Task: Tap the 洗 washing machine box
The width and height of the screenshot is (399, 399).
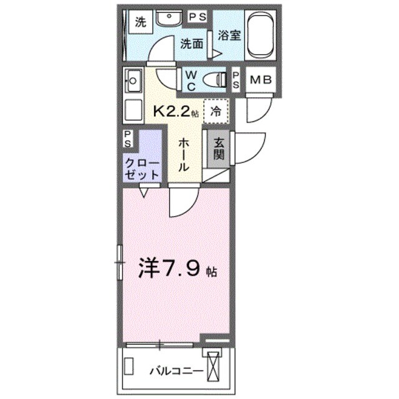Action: tap(140, 23)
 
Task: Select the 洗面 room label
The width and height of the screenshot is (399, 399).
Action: tap(193, 44)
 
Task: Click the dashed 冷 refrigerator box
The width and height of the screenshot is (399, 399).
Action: tap(216, 112)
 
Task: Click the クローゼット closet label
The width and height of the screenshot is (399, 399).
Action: tap(143, 168)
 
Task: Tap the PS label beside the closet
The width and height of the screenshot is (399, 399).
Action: tap(128, 138)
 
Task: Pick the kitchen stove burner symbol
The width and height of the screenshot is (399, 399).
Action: tap(133, 80)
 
